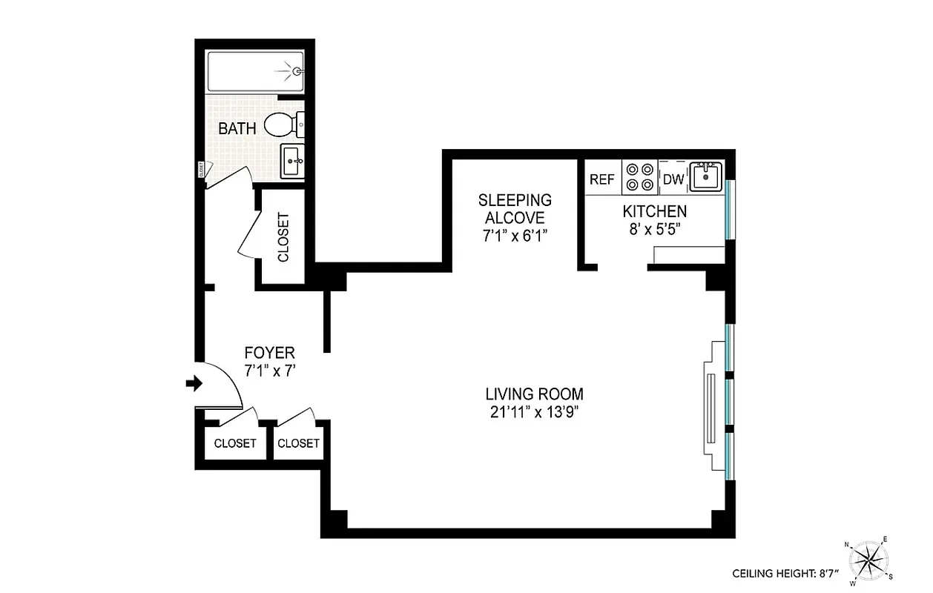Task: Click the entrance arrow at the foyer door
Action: (x=194, y=383)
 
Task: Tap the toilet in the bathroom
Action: (x=282, y=125)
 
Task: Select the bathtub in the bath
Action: (x=255, y=72)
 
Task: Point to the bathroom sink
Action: (x=291, y=160)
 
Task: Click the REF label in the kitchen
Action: (x=601, y=179)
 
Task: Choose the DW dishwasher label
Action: (x=673, y=179)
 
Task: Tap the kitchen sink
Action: (x=705, y=177)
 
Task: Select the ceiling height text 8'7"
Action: (x=784, y=573)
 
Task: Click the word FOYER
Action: (x=269, y=353)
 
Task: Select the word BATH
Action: (x=237, y=128)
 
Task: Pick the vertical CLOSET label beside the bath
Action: (x=283, y=237)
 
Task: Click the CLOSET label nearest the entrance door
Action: (x=235, y=443)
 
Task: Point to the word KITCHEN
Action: (x=654, y=211)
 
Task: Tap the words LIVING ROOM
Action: (x=534, y=394)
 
